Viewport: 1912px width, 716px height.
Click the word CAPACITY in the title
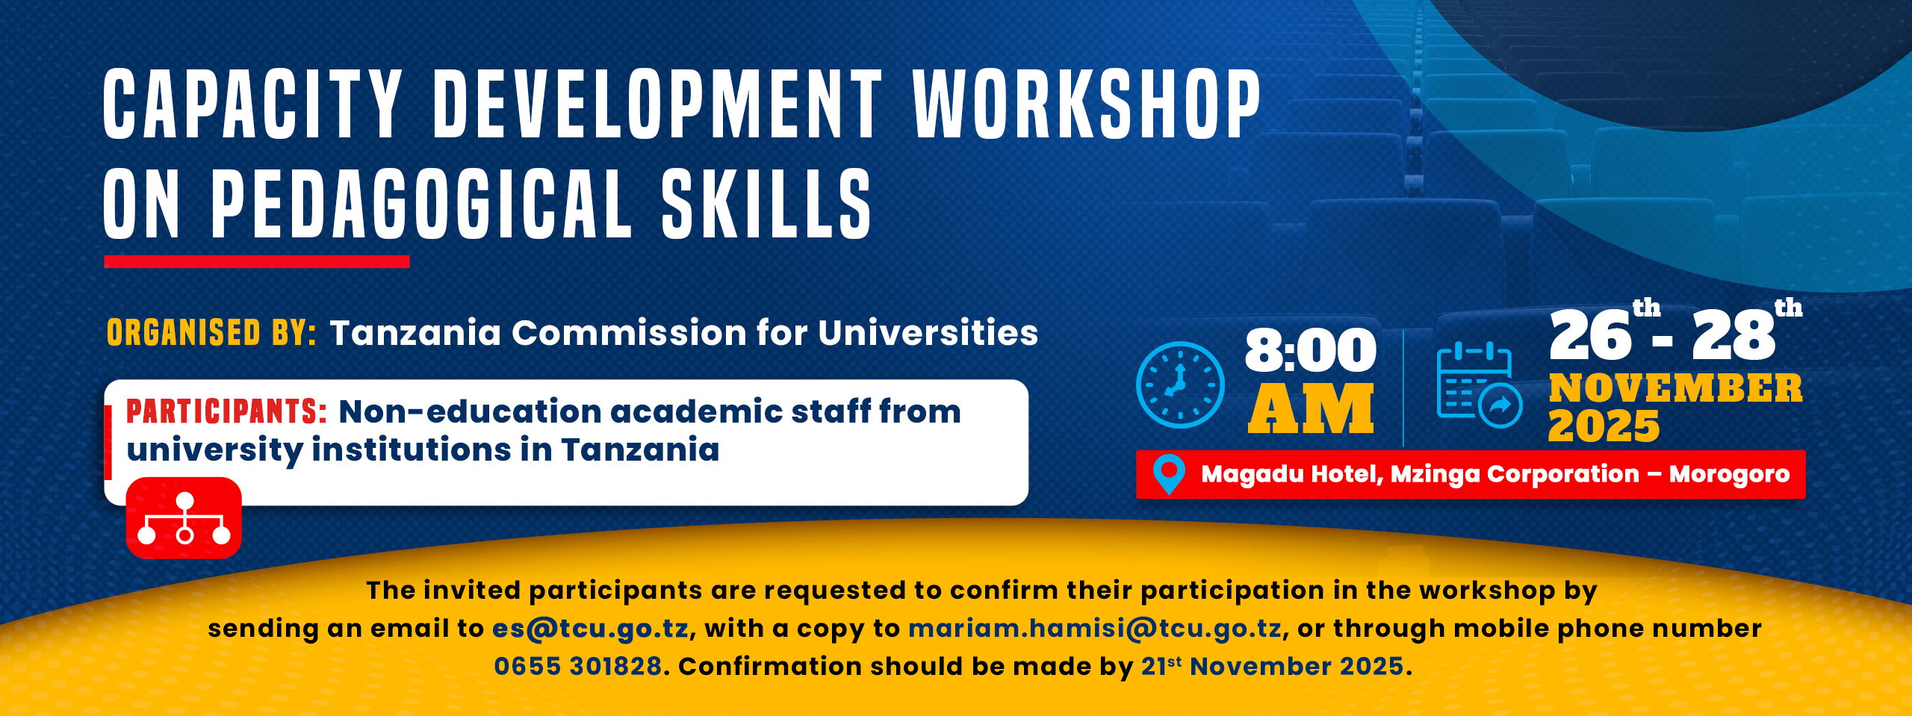tap(252, 105)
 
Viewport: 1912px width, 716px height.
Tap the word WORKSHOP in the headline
tap(1087, 105)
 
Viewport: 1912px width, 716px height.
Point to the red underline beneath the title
tap(256, 261)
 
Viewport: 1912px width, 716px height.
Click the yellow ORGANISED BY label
tap(211, 333)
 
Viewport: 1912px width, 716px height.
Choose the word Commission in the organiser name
tap(628, 333)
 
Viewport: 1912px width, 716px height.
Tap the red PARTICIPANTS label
tap(226, 411)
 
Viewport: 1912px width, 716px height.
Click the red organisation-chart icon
tap(184, 518)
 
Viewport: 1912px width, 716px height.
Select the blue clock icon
tap(1180, 385)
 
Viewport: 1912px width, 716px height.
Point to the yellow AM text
tap(1311, 408)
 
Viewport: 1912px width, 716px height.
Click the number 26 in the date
tap(1589, 335)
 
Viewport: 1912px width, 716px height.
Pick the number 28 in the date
tap(1733, 335)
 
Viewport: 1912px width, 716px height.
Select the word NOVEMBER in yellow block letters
tap(1675, 388)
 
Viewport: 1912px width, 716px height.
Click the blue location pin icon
tap(1169, 473)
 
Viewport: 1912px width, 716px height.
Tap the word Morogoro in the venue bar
tap(1729, 474)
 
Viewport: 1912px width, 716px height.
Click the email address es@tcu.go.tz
tap(590, 629)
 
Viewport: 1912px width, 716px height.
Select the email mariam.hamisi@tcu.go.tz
tap(1095, 629)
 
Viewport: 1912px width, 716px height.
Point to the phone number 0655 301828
tap(578, 666)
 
